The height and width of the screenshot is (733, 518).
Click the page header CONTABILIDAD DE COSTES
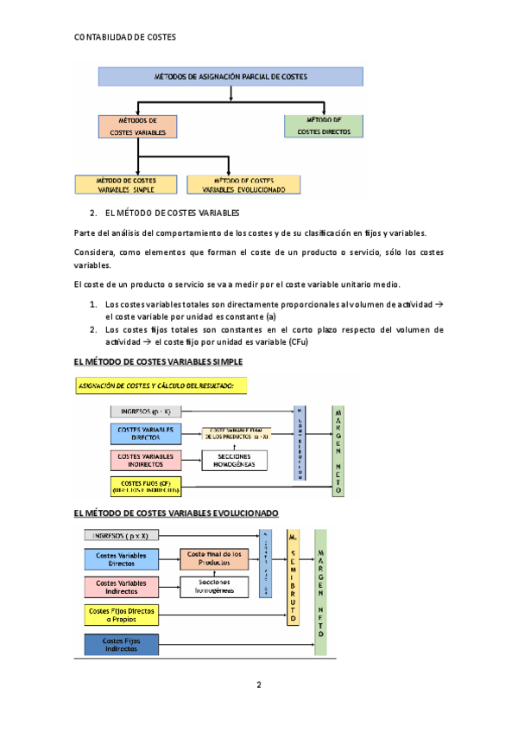click(125, 37)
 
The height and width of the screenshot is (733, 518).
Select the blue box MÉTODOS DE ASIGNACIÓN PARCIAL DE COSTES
click(230, 77)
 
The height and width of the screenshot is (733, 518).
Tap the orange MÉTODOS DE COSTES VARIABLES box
click(138, 126)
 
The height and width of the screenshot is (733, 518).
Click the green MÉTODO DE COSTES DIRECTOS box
click(324, 126)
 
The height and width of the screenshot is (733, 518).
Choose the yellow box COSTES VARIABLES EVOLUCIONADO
click(243, 184)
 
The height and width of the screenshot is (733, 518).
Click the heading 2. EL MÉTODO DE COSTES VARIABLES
click(164, 213)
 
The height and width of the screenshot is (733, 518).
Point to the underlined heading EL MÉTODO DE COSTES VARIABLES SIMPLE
click(159, 361)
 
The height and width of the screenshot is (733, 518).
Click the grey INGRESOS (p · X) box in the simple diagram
click(144, 411)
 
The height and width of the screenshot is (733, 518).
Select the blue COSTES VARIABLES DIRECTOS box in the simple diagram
click(145, 434)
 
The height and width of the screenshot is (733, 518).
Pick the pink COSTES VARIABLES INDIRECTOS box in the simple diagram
click(145, 461)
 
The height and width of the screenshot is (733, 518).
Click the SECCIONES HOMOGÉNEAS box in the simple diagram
click(236, 461)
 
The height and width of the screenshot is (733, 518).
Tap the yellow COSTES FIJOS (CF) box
click(145, 486)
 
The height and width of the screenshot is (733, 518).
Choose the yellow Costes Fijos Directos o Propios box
click(121, 615)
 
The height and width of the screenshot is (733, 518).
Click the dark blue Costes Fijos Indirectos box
click(121, 644)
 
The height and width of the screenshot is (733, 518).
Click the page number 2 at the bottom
click(258, 685)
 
